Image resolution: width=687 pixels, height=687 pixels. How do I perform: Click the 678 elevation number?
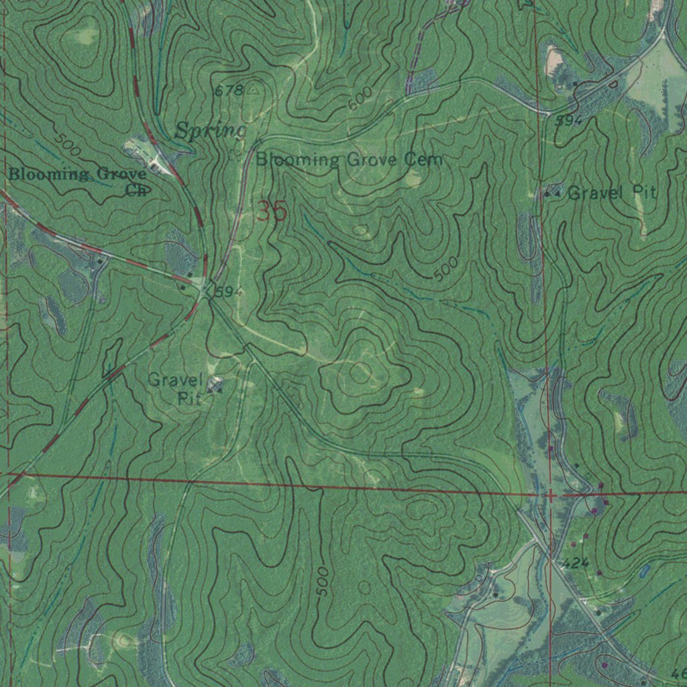[x=229, y=91]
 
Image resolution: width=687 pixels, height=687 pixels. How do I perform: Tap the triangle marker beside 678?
[x=253, y=89]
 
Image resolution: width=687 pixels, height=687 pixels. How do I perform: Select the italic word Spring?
[x=210, y=131]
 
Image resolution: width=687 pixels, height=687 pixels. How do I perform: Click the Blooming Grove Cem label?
[x=349, y=160]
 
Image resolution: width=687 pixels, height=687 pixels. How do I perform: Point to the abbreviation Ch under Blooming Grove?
[x=136, y=190]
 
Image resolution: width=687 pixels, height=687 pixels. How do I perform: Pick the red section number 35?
[x=271, y=213]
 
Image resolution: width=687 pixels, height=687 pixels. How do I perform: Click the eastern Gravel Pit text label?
[x=611, y=193]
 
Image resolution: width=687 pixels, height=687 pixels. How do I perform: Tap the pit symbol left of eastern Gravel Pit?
[x=551, y=194]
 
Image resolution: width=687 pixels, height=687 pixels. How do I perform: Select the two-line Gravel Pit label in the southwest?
[x=174, y=388]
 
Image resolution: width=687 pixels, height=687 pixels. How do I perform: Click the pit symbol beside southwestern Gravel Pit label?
[x=215, y=385]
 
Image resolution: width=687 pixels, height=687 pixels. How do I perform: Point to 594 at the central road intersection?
[x=229, y=292]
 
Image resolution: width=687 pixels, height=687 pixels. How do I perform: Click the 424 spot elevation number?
[x=576, y=563]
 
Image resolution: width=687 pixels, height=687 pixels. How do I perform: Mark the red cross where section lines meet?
[x=550, y=495]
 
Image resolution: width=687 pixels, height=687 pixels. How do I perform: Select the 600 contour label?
[x=360, y=101]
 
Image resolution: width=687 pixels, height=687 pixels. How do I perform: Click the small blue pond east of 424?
[x=645, y=572]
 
